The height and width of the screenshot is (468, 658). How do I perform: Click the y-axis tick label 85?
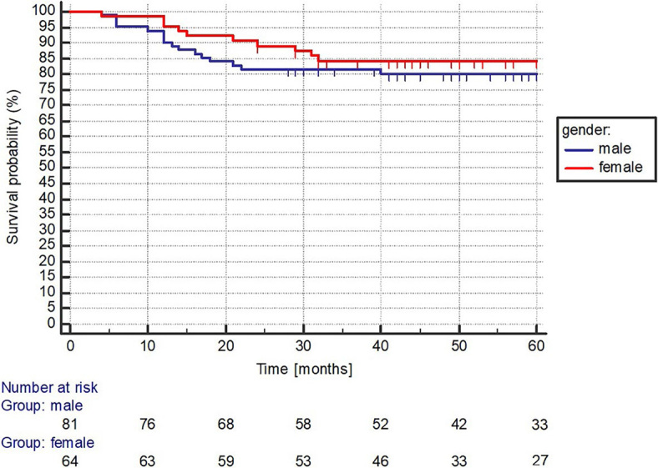pos(47,58)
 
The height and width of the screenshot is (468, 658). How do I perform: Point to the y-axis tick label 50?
pos(47,168)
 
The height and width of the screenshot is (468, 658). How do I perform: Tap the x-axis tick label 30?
pos(303,346)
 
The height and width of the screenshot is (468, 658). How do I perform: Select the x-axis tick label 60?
pos(536,346)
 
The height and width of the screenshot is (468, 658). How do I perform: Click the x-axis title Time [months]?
pos(304,370)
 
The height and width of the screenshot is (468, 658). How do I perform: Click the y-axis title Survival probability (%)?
pos(13,167)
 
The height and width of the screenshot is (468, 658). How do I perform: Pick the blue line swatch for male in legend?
pos(580,149)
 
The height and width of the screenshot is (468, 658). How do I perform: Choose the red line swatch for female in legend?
pos(580,168)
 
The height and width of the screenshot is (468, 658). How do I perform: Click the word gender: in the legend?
pos(586,130)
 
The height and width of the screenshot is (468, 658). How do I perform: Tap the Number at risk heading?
pos(49,387)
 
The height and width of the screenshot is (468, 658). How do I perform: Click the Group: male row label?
pos(42,406)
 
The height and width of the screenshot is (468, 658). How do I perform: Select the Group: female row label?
pos(48,443)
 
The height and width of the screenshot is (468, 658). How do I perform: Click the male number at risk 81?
pos(69,424)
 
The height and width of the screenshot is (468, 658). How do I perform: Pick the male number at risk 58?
pos(303,424)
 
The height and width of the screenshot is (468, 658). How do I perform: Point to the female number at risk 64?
pos(69,460)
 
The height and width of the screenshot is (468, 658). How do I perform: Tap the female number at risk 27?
pos(539,460)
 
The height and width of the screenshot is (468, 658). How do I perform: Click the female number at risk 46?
pos(381,460)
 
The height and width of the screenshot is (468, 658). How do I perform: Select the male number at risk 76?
pos(147,424)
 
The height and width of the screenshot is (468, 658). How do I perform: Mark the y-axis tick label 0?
pos(51,324)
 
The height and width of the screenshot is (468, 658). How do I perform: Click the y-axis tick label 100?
pos(43,12)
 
